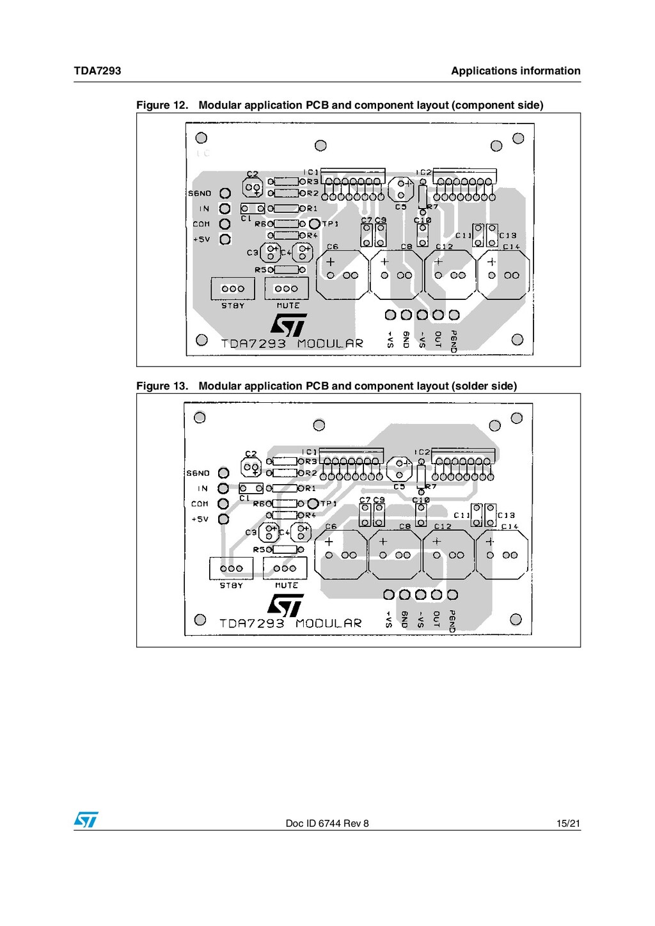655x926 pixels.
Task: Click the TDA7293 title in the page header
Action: pyautogui.click(x=97, y=71)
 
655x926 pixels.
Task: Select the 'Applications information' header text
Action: pyautogui.click(x=516, y=71)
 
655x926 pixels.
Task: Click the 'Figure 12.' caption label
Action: pyautogui.click(x=162, y=106)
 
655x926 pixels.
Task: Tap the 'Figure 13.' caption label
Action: pyautogui.click(x=162, y=386)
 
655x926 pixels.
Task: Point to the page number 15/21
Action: pyautogui.click(x=568, y=824)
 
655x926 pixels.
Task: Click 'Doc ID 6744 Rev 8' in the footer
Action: pyautogui.click(x=327, y=824)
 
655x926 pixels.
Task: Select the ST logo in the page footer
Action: pyautogui.click(x=86, y=820)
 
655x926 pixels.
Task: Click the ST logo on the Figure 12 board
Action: pyautogui.click(x=288, y=325)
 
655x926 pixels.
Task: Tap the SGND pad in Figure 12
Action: pyautogui.click(x=225, y=193)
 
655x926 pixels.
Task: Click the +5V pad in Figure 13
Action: pyautogui.click(x=223, y=519)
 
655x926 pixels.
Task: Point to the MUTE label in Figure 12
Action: pyautogui.click(x=288, y=306)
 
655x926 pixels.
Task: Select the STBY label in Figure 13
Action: pyautogui.click(x=231, y=586)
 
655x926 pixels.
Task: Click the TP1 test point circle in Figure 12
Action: pyautogui.click(x=314, y=224)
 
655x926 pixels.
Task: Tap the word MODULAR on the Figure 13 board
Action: pyautogui.click(x=329, y=624)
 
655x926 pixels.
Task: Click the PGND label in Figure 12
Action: pyautogui.click(x=454, y=341)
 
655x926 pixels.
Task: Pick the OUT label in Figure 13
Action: pyautogui.click(x=436, y=618)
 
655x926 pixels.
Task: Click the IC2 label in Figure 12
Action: pyautogui.click(x=423, y=173)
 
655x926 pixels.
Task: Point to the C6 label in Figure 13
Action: pyautogui.click(x=331, y=527)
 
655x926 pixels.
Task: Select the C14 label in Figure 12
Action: pyautogui.click(x=511, y=247)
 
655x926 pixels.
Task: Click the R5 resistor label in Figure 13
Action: pyautogui.click(x=262, y=550)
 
